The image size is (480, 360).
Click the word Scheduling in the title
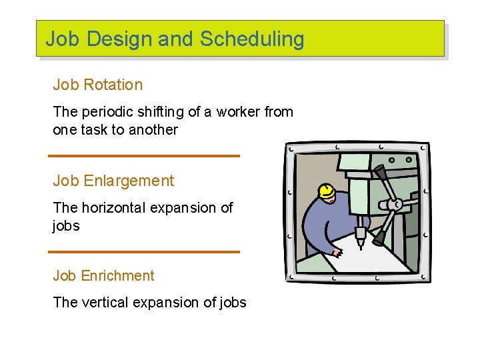coord(252,39)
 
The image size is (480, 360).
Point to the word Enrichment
coord(119,276)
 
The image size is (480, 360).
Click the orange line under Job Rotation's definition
coord(144,156)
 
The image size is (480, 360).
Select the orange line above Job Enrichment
coord(144,252)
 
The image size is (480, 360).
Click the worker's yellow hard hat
coord(327,192)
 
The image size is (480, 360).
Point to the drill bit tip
coord(360,245)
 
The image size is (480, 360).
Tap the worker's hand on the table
coord(337,252)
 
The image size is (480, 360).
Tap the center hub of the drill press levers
coord(391,204)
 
